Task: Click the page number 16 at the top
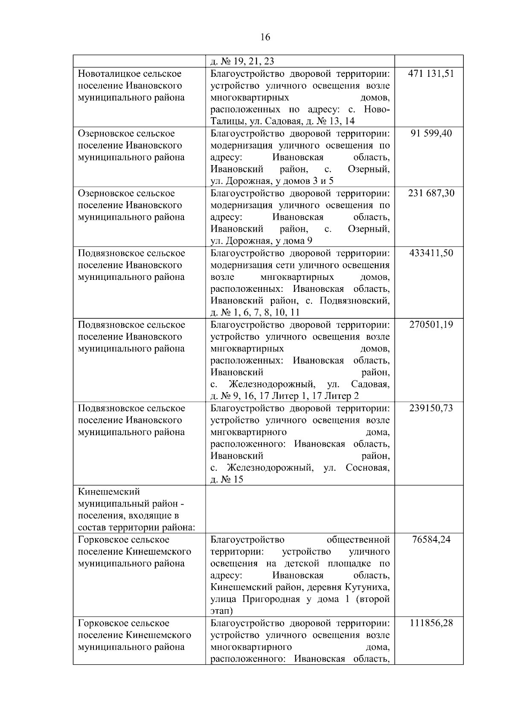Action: [x=265, y=38]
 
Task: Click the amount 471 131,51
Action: [x=431, y=73]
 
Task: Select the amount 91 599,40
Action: [x=431, y=133]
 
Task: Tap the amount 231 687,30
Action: [x=431, y=193]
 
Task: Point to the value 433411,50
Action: [x=431, y=253]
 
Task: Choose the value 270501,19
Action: [x=431, y=324]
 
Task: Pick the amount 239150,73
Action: [x=431, y=408]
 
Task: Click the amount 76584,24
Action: [x=431, y=539]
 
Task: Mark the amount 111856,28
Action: [x=431, y=623]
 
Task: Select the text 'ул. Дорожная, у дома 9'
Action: [x=261, y=241]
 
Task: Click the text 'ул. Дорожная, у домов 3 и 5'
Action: [x=272, y=181]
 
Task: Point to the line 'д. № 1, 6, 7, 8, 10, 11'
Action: [x=255, y=312]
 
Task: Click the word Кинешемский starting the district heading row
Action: [x=109, y=492]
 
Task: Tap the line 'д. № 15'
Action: [x=227, y=480]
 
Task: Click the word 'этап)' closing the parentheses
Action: [x=221, y=611]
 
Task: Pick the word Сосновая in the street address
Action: [x=367, y=468]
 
